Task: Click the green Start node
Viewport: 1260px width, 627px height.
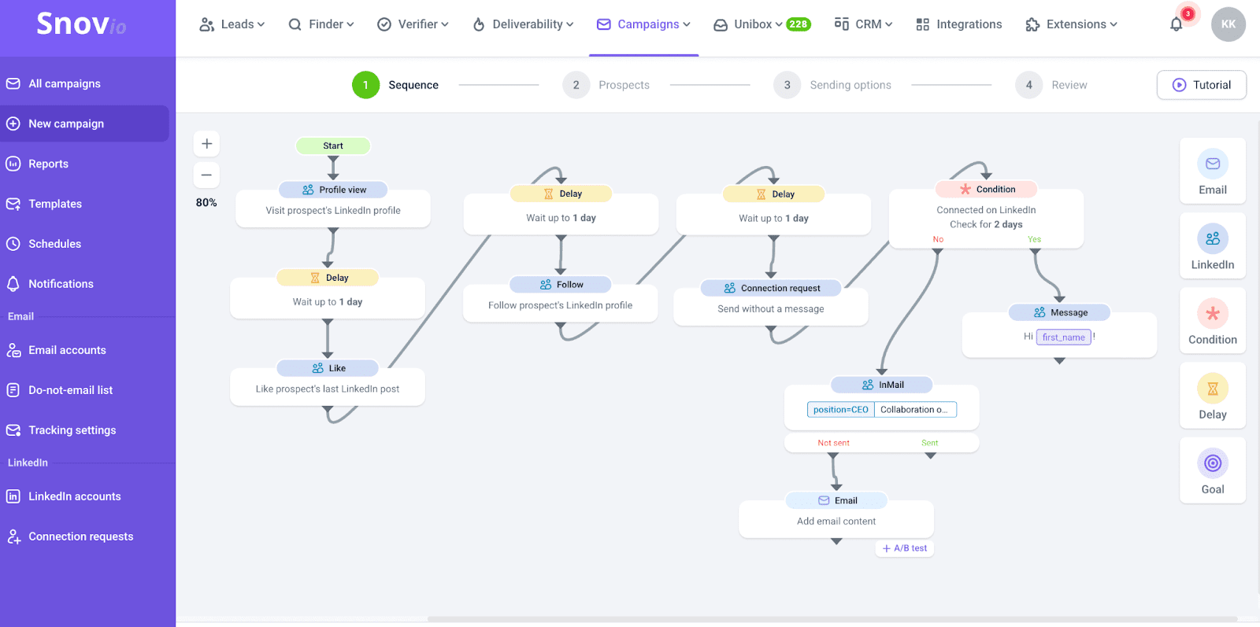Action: point(332,146)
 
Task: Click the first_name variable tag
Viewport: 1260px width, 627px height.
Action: point(1063,337)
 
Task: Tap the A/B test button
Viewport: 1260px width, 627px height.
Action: point(905,548)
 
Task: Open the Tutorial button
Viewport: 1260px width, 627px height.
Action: point(1202,85)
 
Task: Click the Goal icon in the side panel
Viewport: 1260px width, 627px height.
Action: point(1213,463)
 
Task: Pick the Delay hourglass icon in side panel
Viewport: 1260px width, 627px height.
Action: point(1213,389)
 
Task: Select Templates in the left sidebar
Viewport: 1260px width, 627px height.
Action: point(55,204)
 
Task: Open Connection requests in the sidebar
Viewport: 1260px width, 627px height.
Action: point(80,537)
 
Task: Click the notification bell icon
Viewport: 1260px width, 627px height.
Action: point(1176,24)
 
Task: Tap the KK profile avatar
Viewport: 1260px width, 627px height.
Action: point(1228,24)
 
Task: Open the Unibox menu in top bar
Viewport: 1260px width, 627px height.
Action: point(753,24)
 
